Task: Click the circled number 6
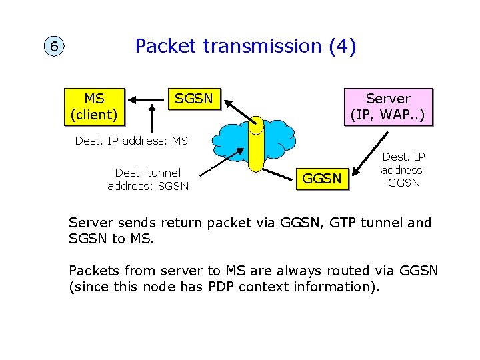[54, 47]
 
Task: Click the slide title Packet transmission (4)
[245, 46]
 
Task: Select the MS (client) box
[94, 106]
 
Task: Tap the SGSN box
[193, 99]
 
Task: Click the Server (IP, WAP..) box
[387, 107]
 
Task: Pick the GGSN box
[322, 178]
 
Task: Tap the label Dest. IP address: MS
[131, 141]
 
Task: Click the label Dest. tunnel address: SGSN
[148, 179]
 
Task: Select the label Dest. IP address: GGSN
[403, 170]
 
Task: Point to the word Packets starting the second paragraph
[93, 271]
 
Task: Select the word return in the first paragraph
[180, 223]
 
